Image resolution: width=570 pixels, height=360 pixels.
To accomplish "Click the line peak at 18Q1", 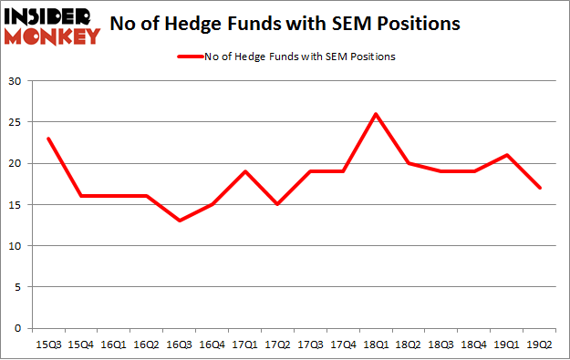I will [376, 114].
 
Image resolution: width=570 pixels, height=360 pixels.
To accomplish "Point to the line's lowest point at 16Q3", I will [179, 221].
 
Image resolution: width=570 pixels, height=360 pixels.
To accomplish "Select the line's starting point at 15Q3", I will [47, 139].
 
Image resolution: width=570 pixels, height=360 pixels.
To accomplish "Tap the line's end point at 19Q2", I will [540, 188].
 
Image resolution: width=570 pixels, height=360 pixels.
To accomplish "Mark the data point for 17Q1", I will [244, 171].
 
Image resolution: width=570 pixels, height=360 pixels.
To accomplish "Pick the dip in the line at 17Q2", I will [277, 204].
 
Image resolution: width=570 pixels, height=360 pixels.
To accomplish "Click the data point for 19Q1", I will [507, 155].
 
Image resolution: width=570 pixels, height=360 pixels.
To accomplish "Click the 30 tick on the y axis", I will [16, 81].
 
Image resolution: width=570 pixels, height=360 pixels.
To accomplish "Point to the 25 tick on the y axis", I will [16, 122].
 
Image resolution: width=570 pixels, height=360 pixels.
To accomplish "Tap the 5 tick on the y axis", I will [18, 287].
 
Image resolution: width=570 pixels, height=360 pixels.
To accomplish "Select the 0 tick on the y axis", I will [18, 328].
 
